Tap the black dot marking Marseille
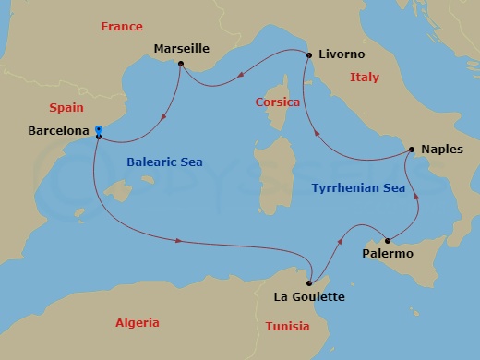coord(181,64)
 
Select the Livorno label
coord(341,55)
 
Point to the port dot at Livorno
coord(308,55)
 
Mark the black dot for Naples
coord(411,150)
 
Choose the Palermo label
coord(388,253)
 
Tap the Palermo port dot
coord(388,241)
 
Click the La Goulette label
coord(309,296)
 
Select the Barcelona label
coord(59,131)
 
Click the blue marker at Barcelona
coord(99,130)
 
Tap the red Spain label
coord(66,107)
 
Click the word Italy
coord(365,78)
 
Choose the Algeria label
coord(137,322)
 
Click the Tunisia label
coord(287,327)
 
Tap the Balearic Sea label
coord(163,162)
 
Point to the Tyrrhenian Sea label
coord(358,187)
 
